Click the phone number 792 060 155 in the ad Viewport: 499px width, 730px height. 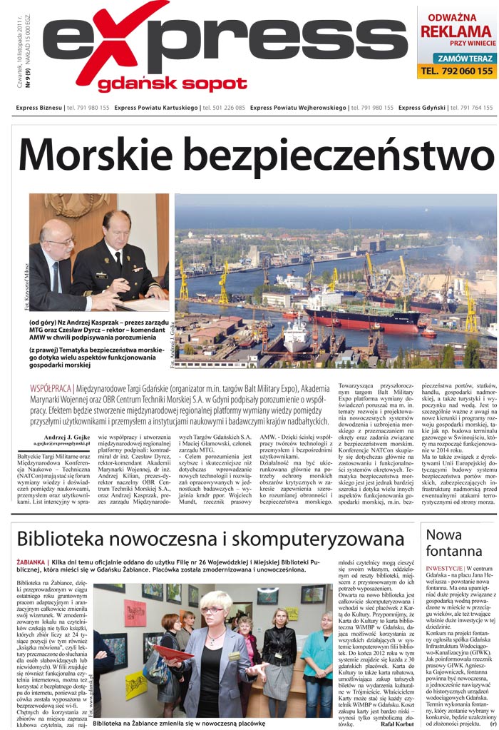coord(457,71)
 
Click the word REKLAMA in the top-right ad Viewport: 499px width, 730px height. coord(456,31)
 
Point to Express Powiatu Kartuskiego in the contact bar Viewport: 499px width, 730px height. coord(157,108)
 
